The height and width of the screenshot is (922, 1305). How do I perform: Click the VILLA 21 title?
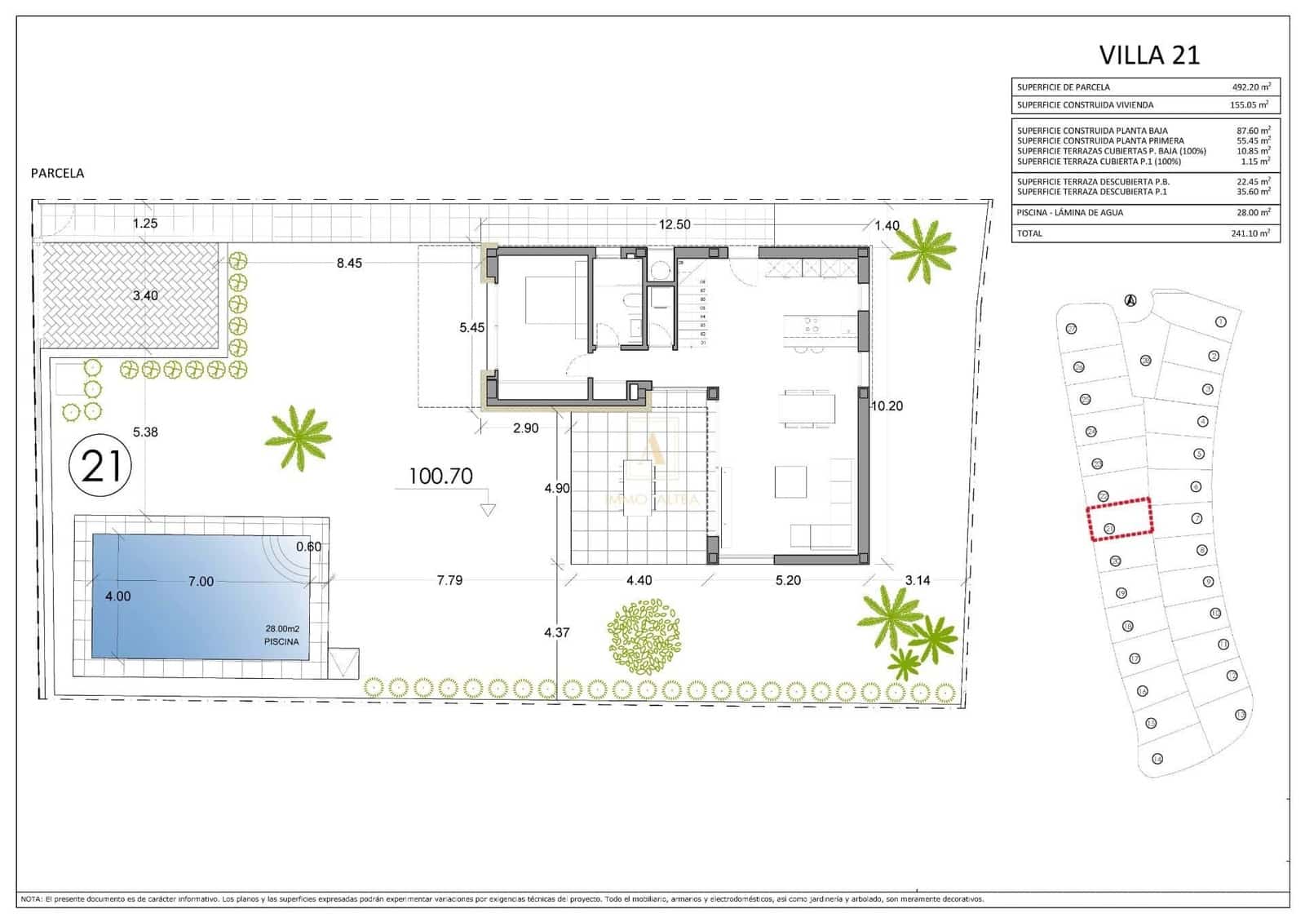point(1149,55)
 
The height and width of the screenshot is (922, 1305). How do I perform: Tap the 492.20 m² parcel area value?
point(1250,86)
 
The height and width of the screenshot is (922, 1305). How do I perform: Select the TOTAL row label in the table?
point(1029,233)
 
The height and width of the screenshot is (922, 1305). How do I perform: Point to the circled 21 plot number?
point(100,467)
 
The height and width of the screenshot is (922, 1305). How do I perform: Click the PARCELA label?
point(57,173)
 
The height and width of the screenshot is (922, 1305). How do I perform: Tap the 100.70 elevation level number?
point(440,477)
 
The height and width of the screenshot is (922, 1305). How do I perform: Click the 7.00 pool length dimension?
point(201,582)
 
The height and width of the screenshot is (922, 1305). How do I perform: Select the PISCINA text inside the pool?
point(281,642)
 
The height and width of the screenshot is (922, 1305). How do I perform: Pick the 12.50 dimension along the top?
point(675,224)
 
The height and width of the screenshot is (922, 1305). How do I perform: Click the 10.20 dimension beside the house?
point(887,406)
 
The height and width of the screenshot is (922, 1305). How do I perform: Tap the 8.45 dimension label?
point(349,263)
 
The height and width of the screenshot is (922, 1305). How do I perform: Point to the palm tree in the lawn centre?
point(299,437)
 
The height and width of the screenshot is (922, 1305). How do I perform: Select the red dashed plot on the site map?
point(1119,519)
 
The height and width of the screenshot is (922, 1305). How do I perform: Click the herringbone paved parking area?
point(129,294)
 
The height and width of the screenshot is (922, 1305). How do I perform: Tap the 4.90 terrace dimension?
point(557,489)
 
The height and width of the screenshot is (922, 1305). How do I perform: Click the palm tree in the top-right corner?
point(922,250)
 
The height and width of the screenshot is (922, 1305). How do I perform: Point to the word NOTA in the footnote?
point(31,899)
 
